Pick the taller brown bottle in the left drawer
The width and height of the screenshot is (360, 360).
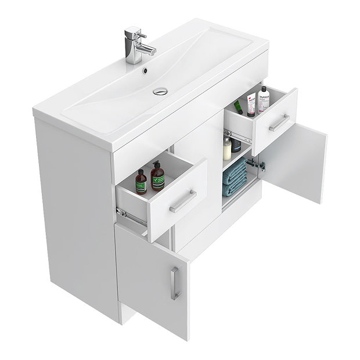click(x=156, y=178)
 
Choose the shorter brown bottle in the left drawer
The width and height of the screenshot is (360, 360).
click(x=141, y=182)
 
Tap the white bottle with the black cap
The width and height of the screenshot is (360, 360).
click(x=264, y=98)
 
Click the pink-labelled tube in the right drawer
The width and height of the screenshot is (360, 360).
click(x=251, y=105)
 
